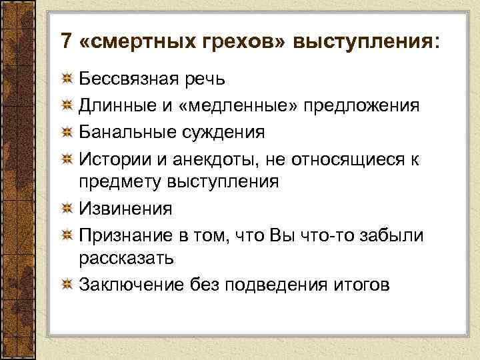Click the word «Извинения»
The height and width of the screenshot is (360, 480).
click(x=125, y=209)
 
